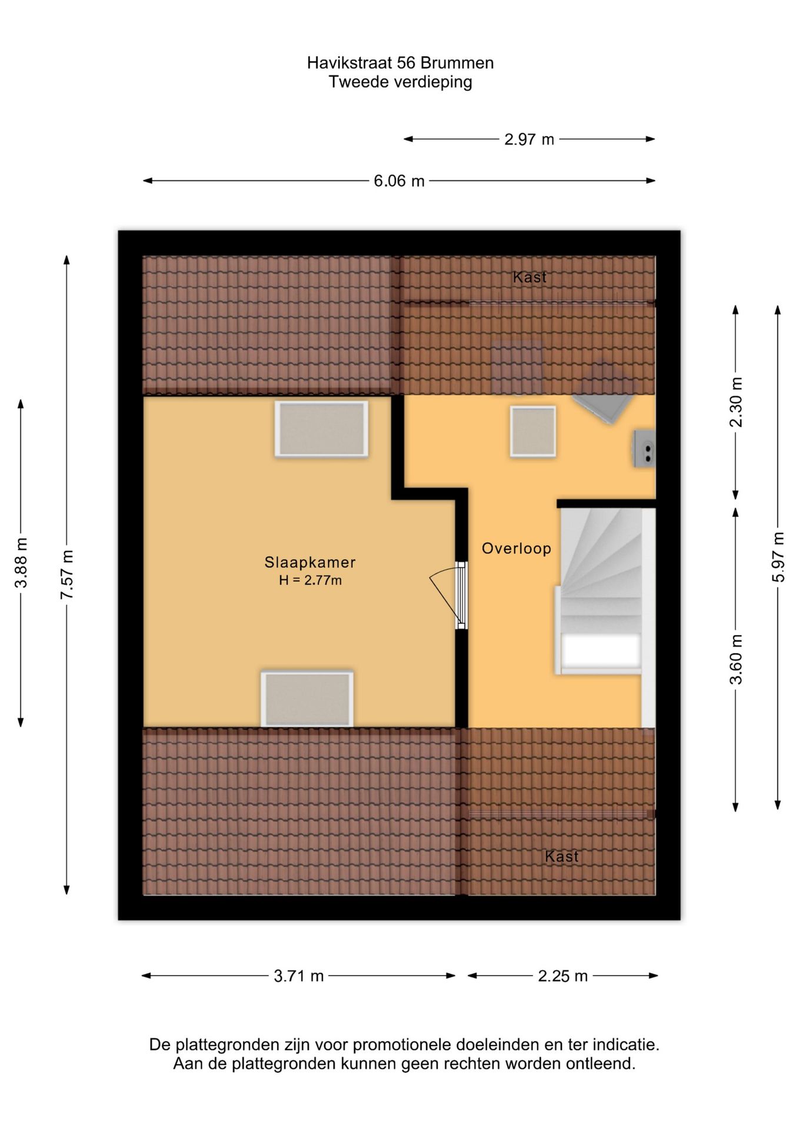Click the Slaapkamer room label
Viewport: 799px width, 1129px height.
tap(310, 562)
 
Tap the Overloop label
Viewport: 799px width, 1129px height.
tap(517, 549)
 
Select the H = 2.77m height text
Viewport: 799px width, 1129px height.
tap(310, 580)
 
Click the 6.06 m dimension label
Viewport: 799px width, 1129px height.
tap(399, 181)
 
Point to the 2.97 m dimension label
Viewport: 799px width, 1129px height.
tap(529, 139)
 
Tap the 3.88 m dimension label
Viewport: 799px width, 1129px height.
tap(21, 563)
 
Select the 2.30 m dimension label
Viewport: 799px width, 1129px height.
tap(735, 402)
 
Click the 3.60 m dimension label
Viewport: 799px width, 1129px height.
tap(735, 659)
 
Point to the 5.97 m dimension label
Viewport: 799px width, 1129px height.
tap(778, 557)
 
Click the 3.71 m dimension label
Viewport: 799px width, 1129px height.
tap(299, 976)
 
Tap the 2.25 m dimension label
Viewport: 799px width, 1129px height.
tap(563, 976)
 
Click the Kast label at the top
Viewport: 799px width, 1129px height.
tap(530, 277)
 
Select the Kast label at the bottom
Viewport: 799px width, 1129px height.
tap(562, 856)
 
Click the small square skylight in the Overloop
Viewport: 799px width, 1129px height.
tap(533, 432)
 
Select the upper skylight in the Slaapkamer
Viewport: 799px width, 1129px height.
tap(321, 429)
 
